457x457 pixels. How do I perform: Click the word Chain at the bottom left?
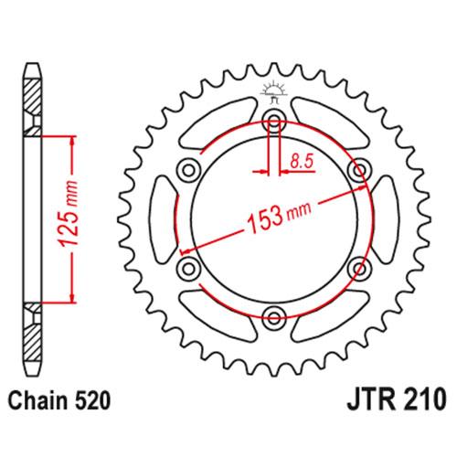click(x=34, y=399)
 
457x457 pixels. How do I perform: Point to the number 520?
click(x=91, y=399)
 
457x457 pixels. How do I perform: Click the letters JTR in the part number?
click(x=365, y=399)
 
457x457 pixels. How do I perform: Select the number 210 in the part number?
click(x=422, y=399)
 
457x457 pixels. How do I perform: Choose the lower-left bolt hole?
click(x=189, y=267)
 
